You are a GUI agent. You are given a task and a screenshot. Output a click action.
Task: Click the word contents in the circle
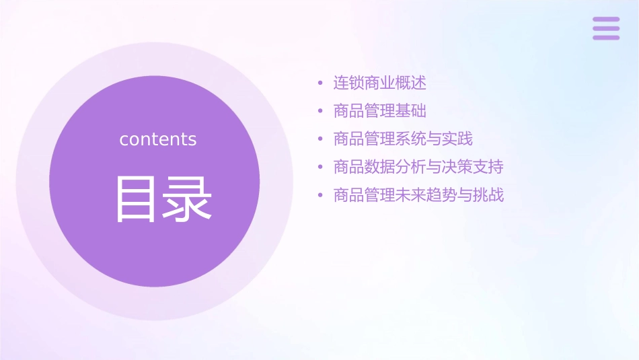(x=158, y=139)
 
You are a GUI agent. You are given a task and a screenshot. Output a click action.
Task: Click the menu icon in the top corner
(x=606, y=28)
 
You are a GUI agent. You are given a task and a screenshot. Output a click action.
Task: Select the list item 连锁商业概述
(x=380, y=83)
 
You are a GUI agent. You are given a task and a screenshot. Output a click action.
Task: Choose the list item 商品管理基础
(x=380, y=111)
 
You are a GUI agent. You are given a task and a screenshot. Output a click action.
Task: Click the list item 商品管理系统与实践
(x=403, y=139)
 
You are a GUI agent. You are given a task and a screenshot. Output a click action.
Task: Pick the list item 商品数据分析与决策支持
(x=418, y=167)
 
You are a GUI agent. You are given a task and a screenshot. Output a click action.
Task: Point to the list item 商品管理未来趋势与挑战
(x=418, y=196)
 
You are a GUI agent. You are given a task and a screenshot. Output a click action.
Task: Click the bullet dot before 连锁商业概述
(x=321, y=83)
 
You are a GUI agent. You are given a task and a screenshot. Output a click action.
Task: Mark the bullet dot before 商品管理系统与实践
(x=321, y=139)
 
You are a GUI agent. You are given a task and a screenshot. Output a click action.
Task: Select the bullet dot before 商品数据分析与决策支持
(x=321, y=168)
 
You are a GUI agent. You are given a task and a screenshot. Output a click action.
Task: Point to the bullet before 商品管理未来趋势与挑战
(x=321, y=196)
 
